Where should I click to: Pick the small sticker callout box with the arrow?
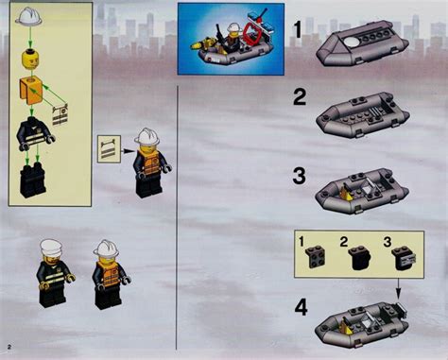tap(111, 147)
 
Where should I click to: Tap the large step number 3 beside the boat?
tap(300, 175)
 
